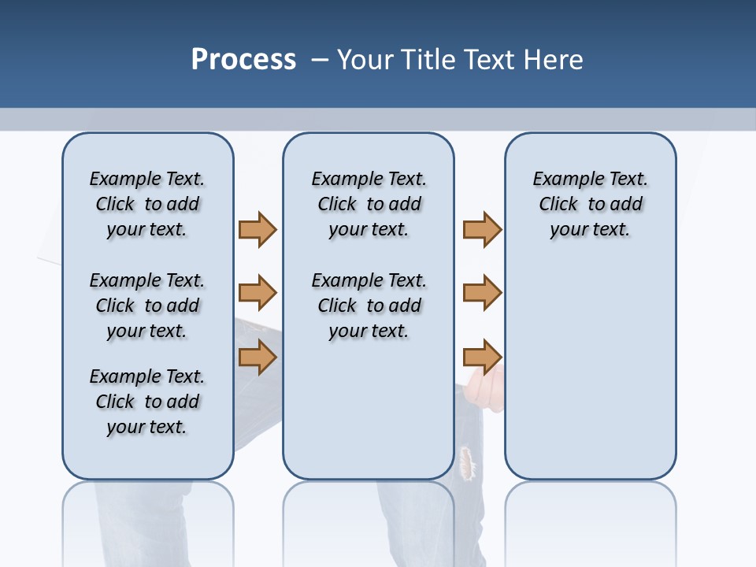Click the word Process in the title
pyautogui.click(x=243, y=60)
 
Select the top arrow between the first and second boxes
pyautogui.click(x=258, y=229)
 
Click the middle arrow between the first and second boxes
pyautogui.click(x=258, y=293)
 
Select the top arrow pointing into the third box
pyautogui.click(x=482, y=229)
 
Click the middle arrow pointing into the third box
pyautogui.click(x=482, y=293)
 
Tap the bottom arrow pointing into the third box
pyautogui.click(x=482, y=357)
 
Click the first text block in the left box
pyautogui.click(x=147, y=204)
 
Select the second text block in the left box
pyautogui.click(x=147, y=306)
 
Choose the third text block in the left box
pyautogui.click(x=147, y=402)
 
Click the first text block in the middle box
pyautogui.click(x=369, y=204)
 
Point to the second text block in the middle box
pyautogui.click(x=369, y=306)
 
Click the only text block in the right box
pyautogui.click(x=590, y=204)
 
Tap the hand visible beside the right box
pyautogui.click(x=484, y=391)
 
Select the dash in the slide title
pyautogui.click(x=320, y=60)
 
